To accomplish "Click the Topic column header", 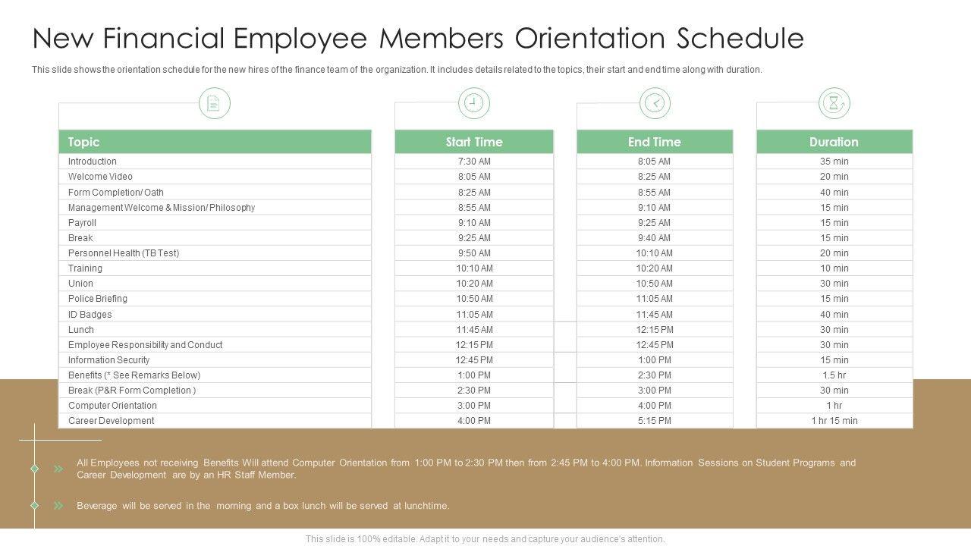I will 83,142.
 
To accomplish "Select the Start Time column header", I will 474,142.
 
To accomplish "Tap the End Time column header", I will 654,142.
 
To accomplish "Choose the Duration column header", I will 834,142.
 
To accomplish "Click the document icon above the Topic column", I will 214,103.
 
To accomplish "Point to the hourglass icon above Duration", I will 834,103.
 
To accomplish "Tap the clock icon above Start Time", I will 474,103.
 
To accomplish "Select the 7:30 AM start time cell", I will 474,162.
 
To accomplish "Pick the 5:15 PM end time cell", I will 654,421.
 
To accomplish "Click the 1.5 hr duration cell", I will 834,375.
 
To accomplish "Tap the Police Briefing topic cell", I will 98,299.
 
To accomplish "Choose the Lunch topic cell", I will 81,330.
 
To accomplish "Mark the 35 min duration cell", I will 834,162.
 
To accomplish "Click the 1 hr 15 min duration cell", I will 834,421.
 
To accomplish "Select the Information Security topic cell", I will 108,360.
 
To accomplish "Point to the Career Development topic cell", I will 111,421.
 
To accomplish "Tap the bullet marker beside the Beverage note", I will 58,506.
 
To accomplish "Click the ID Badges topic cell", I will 90,315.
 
